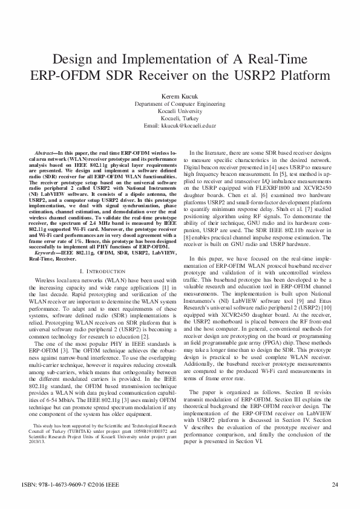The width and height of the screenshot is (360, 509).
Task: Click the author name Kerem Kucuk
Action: click(x=180, y=96)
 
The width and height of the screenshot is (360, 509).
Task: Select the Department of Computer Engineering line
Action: click(x=180, y=104)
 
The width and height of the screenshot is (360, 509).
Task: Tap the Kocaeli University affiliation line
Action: click(x=180, y=111)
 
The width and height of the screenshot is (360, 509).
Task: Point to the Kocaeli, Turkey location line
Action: click(x=180, y=118)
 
